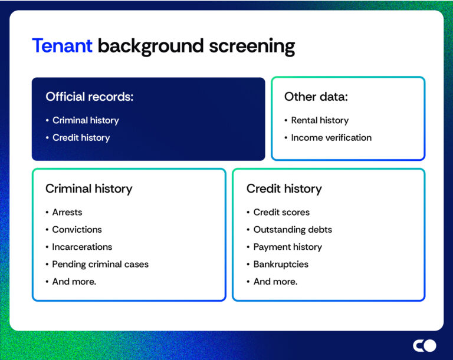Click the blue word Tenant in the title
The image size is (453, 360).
coord(62,46)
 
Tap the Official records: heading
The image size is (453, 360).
coord(90,97)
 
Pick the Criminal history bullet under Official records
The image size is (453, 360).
coord(86,120)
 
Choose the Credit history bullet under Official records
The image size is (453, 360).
coord(81,137)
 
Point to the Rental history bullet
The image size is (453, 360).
coord(320,120)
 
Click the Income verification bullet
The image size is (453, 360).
coord(331,137)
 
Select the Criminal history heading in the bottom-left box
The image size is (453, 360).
coord(88,189)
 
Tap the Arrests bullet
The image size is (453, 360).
coord(67,212)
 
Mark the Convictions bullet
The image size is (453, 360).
coord(77,229)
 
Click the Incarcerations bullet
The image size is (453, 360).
coord(82,247)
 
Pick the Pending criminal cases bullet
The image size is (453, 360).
coord(100,264)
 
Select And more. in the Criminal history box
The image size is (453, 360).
coord(74,282)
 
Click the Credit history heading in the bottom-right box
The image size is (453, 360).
coord(284,189)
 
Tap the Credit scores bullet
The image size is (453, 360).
coord(281,212)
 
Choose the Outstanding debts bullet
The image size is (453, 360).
coord(293,229)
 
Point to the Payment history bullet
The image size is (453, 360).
coord(287,247)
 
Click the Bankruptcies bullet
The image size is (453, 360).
coord(281,264)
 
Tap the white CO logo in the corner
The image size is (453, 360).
coord(424,345)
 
